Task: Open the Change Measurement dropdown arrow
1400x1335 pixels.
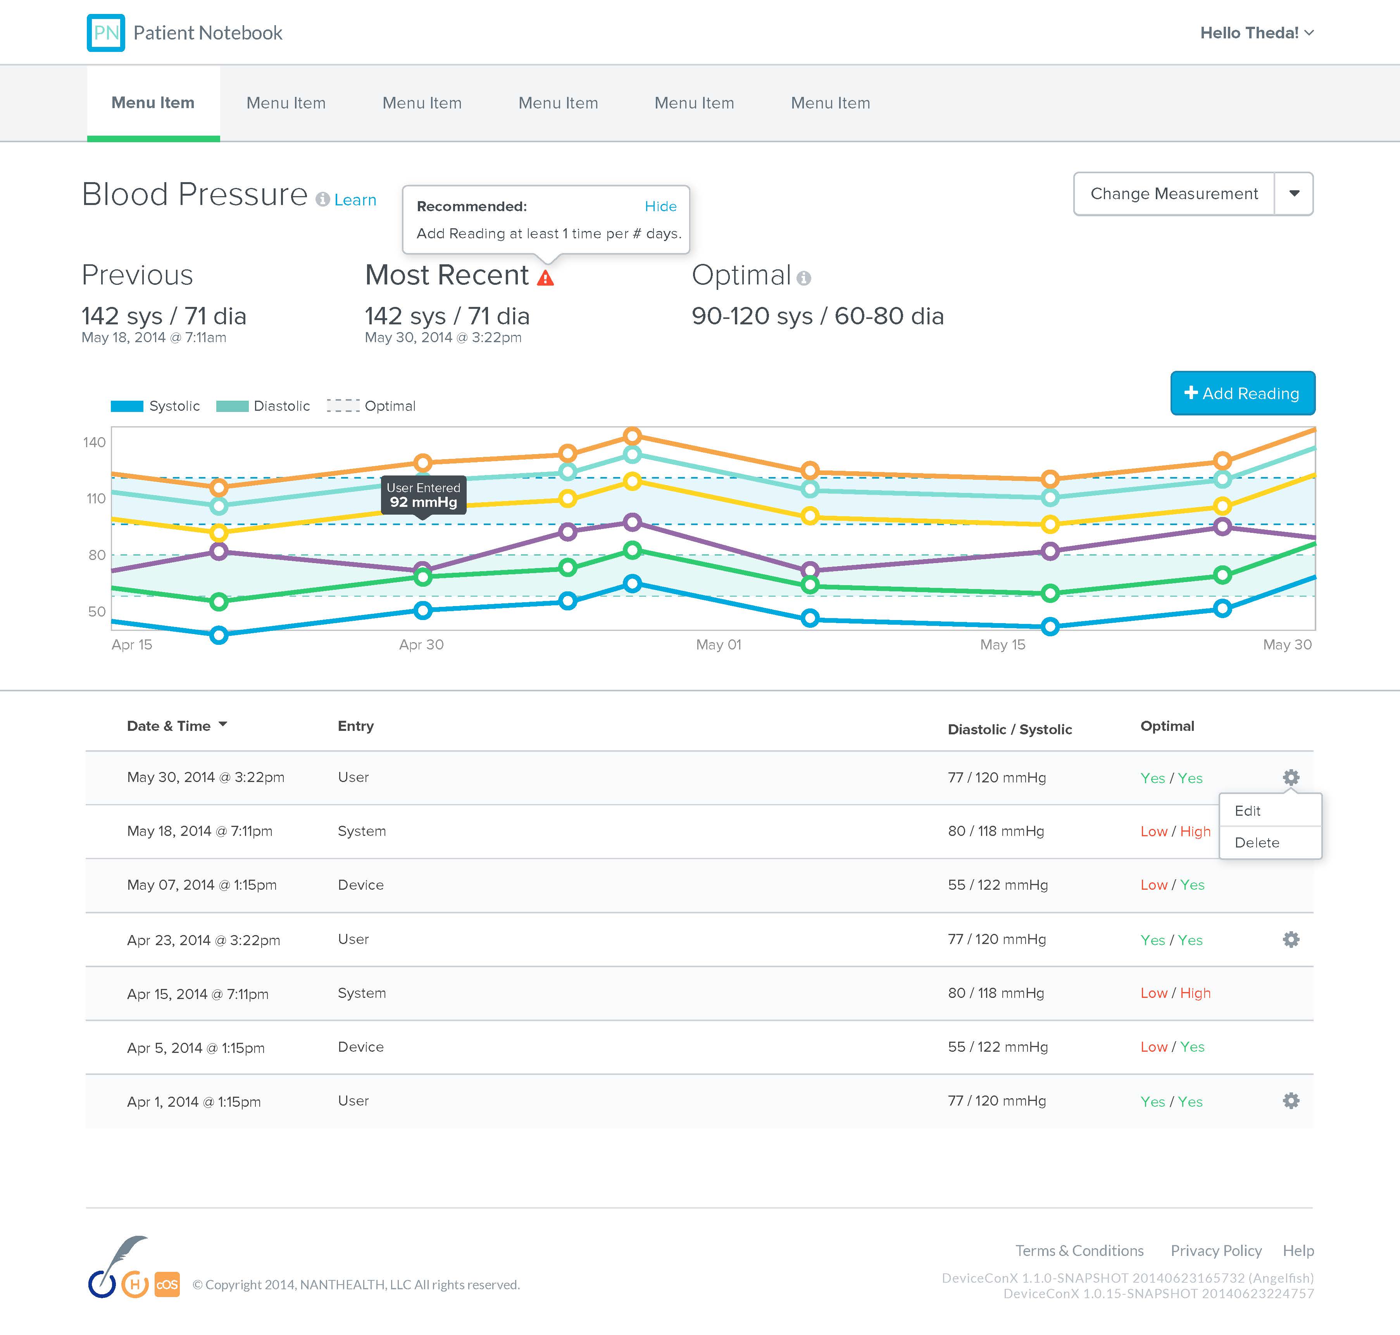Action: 1294,193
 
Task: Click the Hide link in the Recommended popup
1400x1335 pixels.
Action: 660,207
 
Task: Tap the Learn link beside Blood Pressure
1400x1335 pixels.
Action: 355,200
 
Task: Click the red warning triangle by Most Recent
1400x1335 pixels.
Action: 545,277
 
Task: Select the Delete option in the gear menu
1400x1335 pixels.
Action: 1257,842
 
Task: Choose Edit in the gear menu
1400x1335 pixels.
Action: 1248,811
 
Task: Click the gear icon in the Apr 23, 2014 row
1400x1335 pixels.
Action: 1291,939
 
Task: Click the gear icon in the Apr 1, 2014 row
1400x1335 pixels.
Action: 1291,1101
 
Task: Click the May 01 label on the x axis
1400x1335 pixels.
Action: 719,645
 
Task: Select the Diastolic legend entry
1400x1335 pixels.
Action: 263,406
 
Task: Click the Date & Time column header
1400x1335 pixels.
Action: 169,726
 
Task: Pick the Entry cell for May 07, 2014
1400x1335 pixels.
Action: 361,885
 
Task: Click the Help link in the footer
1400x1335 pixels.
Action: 1298,1250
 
